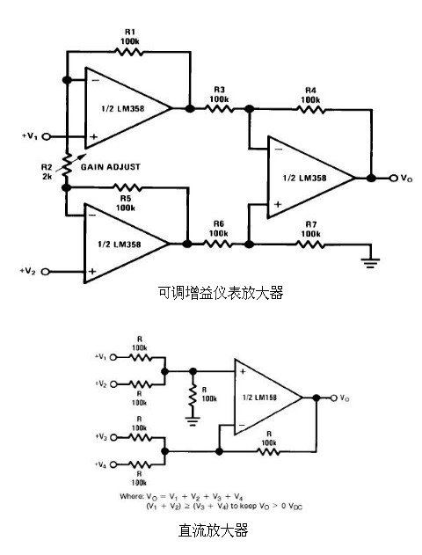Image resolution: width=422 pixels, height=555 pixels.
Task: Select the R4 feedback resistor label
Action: tap(310, 95)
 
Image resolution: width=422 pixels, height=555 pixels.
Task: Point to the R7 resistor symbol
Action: tap(310, 243)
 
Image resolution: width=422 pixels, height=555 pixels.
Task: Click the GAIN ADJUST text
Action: tap(112, 164)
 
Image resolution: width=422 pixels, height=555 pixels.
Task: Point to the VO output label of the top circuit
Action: tap(405, 179)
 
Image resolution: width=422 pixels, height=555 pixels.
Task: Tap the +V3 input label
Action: tap(105, 437)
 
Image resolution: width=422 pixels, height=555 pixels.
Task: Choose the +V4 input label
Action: tap(105, 464)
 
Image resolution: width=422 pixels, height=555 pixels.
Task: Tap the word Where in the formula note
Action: tap(131, 497)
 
